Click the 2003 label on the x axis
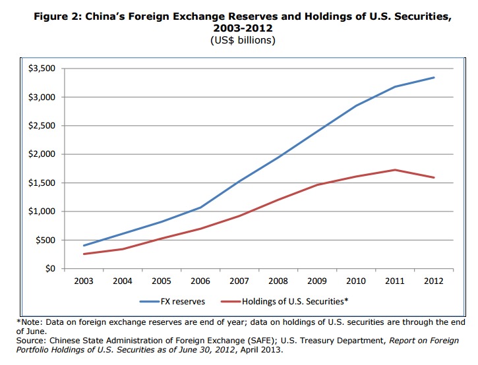click(x=84, y=281)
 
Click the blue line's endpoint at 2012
click(x=434, y=78)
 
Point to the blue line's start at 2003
click(x=84, y=246)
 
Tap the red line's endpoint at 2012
click(x=434, y=178)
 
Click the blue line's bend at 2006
click(x=200, y=208)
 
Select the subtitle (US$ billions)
click(x=239, y=41)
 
